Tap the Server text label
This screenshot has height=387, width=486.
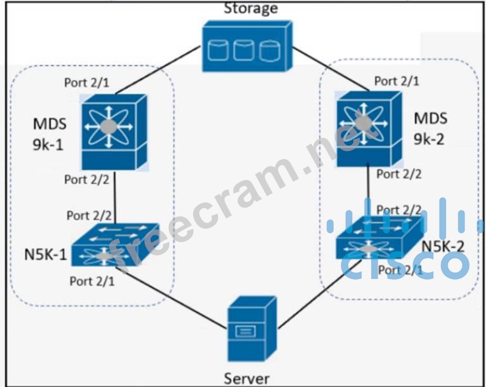click(247, 379)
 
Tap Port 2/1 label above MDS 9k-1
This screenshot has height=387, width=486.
click(86, 82)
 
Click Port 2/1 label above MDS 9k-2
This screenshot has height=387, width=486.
click(396, 81)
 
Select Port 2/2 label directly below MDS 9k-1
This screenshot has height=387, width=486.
click(87, 179)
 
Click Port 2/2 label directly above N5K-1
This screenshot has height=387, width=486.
click(89, 215)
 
